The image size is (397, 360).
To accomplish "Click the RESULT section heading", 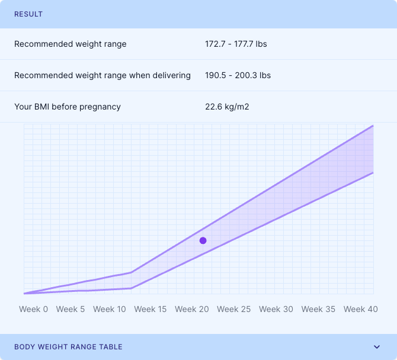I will tap(28, 14).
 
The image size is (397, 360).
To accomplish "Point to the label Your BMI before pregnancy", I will tap(68, 107).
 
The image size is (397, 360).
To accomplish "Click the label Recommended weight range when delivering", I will tap(103, 75).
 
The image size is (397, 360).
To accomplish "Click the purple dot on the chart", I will tap(203, 240).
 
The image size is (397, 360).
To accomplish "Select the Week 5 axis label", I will tap(71, 309).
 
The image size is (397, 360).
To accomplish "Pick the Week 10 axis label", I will tap(110, 309).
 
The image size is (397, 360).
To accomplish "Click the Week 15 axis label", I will tap(150, 309).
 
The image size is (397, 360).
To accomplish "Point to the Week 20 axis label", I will tap(192, 309).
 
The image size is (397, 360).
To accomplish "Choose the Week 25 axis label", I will tap(233, 309).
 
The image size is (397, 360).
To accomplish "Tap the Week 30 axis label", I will tap(276, 309).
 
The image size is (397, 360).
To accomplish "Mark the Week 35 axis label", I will tap(318, 309).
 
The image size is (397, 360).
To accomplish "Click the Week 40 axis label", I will tap(361, 309).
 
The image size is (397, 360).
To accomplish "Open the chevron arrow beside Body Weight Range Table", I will tap(376, 347).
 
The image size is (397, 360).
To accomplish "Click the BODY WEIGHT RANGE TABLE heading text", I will tap(68, 347).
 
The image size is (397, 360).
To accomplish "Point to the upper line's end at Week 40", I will tap(373, 126).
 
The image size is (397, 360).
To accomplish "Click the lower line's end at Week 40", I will tap(373, 172).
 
